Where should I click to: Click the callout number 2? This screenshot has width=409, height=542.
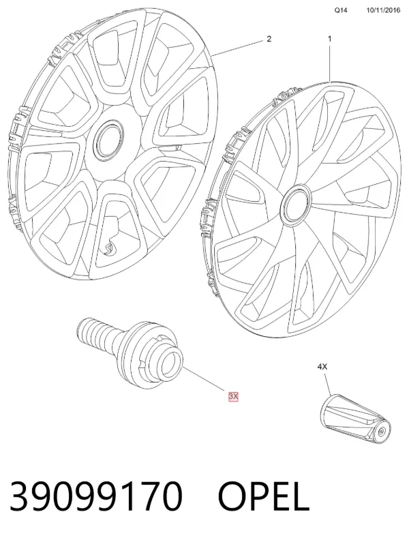pyautogui.click(x=269, y=39)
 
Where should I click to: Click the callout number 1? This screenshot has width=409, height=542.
pyautogui.click(x=329, y=39)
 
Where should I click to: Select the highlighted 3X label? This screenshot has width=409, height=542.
pyautogui.click(x=233, y=397)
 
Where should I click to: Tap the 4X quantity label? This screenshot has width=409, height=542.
pyautogui.click(x=322, y=367)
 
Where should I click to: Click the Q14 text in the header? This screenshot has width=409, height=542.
pyautogui.click(x=340, y=10)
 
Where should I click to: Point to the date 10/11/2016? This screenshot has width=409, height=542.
pyautogui.click(x=383, y=10)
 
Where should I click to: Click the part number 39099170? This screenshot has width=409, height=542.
pyautogui.click(x=95, y=496)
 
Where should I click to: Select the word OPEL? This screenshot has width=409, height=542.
pyautogui.click(x=263, y=496)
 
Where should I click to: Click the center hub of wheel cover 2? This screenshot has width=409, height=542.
pyautogui.click(x=109, y=140)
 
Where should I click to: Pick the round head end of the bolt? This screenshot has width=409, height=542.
pyautogui.click(x=171, y=365)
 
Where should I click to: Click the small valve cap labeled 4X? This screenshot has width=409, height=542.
pyautogui.click(x=354, y=417)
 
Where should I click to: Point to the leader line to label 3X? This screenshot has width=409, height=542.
pyautogui.click(x=204, y=380)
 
